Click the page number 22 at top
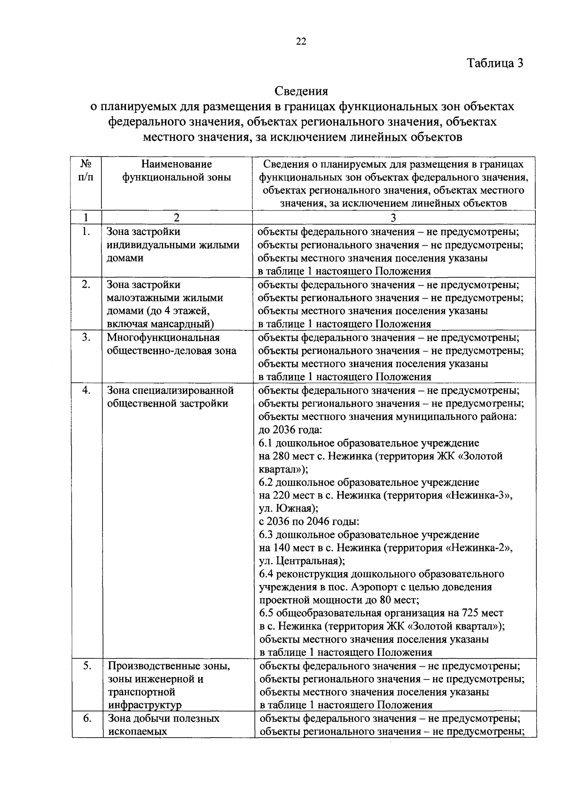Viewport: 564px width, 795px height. pyautogui.click(x=301, y=42)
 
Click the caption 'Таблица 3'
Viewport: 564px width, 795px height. pyautogui.click(x=494, y=63)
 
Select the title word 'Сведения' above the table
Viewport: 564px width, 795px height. pyautogui.click(x=301, y=91)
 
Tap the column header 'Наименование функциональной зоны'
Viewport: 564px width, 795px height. pyautogui.click(x=177, y=171)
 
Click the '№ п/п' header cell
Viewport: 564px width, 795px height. pyautogui.click(x=86, y=171)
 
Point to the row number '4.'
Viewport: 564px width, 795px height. pyautogui.click(x=86, y=390)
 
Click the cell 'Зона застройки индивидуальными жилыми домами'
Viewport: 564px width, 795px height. pyautogui.click(x=173, y=245)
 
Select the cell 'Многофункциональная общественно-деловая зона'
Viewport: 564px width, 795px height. pyautogui.click(x=172, y=344)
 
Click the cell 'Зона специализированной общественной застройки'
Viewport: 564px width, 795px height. pyautogui.click(x=170, y=397)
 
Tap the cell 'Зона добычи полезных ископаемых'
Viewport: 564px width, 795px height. pyautogui.click(x=164, y=725)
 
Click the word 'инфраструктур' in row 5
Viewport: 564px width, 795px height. pyautogui.click(x=144, y=705)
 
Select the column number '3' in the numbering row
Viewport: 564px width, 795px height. pyautogui.click(x=393, y=217)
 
